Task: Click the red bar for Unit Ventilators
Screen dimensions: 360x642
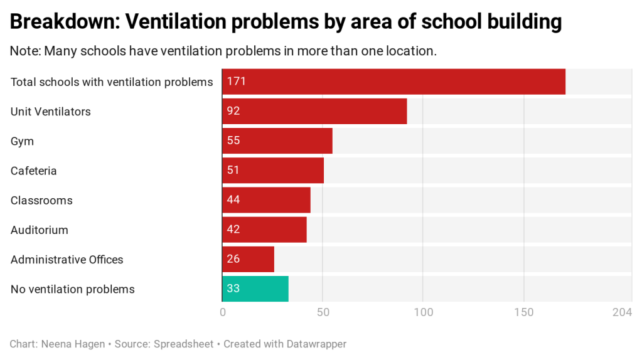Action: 314,112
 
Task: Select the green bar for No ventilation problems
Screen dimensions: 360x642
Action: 255,289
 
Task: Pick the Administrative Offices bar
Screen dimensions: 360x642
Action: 249,260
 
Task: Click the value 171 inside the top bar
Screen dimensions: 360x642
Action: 236,82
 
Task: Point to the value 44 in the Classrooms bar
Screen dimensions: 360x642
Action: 233,201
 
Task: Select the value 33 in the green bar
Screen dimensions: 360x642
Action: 233,289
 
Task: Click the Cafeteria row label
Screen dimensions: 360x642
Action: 33,171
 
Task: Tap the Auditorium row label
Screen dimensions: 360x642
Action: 39,230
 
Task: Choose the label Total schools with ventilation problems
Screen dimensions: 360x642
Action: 112,82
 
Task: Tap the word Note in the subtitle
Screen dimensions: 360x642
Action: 24,51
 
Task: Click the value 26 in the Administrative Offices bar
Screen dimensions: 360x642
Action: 233,260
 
